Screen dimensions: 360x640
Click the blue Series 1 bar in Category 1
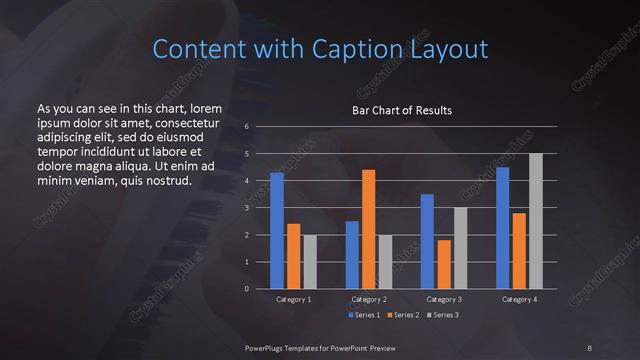(x=277, y=231)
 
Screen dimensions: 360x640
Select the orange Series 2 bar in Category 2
(x=368, y=229)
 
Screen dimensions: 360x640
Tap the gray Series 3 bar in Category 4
(x=535, y=221)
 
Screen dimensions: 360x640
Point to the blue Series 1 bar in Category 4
(x=502, y=228)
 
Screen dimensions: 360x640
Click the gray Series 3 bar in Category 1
(x=309, y=262)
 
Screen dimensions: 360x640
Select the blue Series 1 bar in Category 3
(x=427, y=241)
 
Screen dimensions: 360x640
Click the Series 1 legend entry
(x=365, y=316)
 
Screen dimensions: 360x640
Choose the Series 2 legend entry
(x=402, y=316)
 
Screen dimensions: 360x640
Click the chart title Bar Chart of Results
(x=402, y=109)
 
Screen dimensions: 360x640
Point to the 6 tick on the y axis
(x=247, y=127)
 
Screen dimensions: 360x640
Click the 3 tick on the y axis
(x=247, y=208)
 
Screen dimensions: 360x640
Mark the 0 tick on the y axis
(x=247, y=289)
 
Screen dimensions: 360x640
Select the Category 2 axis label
(x=368, y=299)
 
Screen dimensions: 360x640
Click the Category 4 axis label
(x=519, y=299)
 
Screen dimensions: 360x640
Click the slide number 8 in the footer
(x=590, y=347)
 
